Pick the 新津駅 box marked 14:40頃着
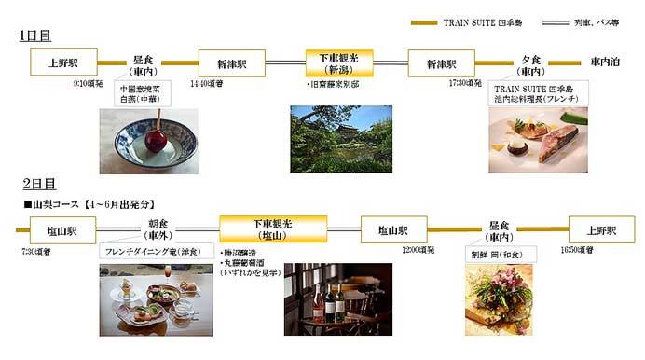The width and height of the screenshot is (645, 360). click(x=231, y=63)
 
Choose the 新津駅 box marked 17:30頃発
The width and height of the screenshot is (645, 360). click(x=443, y=63)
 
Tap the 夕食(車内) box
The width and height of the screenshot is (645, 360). click(x=532, y=64)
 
